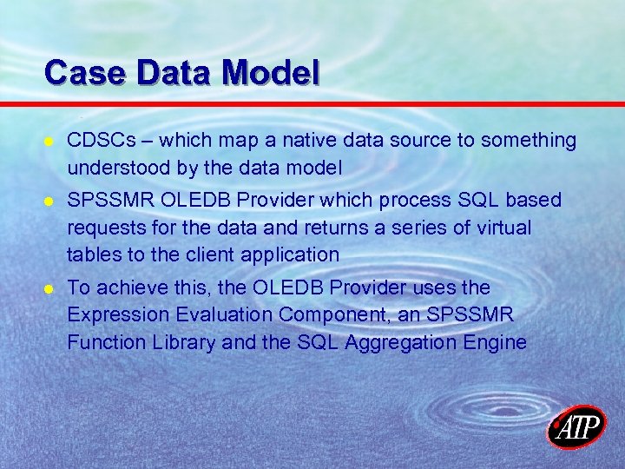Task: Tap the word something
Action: [x=525, y=141]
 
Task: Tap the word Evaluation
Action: [x=217, y=314]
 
